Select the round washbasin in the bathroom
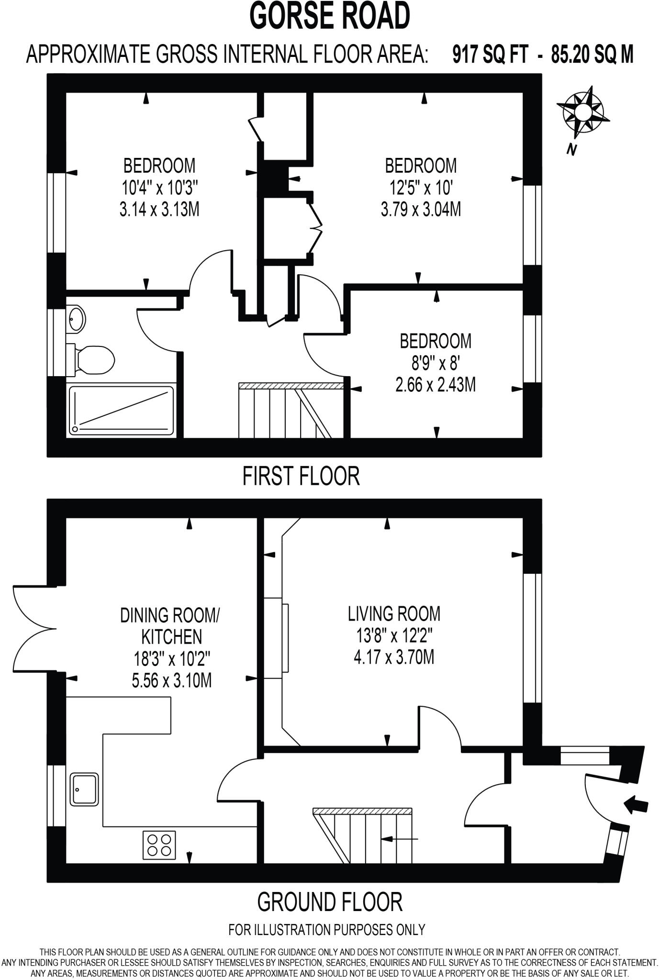tap(77, 318)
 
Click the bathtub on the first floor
tap(122, 411)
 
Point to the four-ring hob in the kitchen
tap(159, 845)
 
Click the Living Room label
tap(394, 613)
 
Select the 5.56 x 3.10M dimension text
tap(171, 680)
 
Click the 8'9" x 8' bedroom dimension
tap(436, 363)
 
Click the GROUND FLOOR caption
tap(329, 902)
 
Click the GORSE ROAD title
tap(330, 16)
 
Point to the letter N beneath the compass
tap(571, 150)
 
